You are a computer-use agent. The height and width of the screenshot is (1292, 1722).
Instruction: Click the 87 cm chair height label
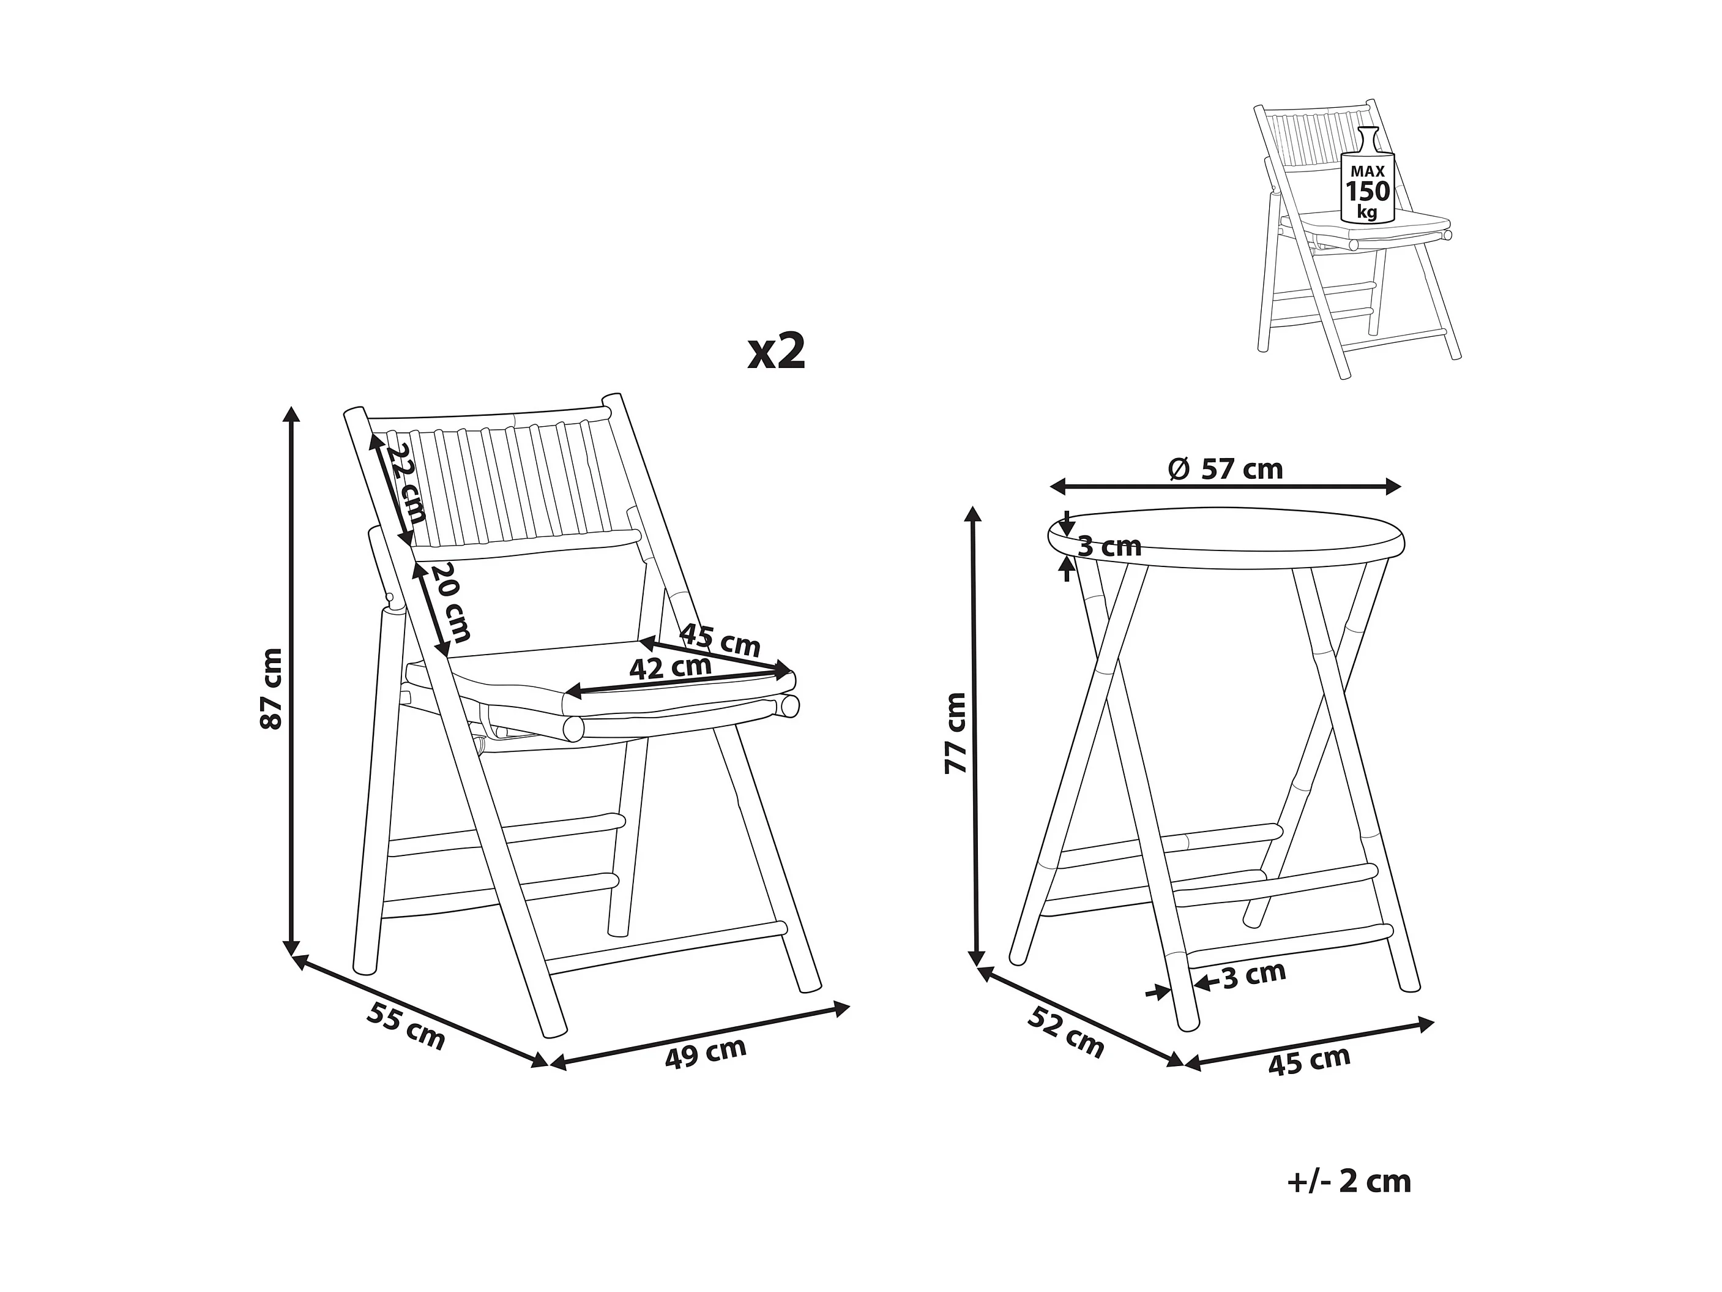coord(271,688)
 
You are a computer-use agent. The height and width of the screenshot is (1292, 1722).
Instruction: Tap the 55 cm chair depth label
coord(406,1026)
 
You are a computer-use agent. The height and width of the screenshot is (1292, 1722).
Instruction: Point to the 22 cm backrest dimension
coord(406,483)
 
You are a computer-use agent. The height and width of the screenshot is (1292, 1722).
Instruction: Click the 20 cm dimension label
coord(451,603)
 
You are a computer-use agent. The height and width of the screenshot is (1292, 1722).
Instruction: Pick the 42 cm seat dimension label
coord(670,667)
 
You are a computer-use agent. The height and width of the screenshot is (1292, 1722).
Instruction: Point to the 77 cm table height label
coord(955,732)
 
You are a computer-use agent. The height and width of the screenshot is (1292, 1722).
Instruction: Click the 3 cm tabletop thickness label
coord(1109,547)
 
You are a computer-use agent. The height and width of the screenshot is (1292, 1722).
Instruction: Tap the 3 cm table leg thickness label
coord(1253,975)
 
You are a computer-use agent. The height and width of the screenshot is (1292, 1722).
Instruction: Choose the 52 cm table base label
coord(1066,1032)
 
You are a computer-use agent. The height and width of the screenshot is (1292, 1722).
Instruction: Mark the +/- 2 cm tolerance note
coord(1349,1181)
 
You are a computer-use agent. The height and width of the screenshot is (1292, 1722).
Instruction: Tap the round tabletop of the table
coord(1226,538)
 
